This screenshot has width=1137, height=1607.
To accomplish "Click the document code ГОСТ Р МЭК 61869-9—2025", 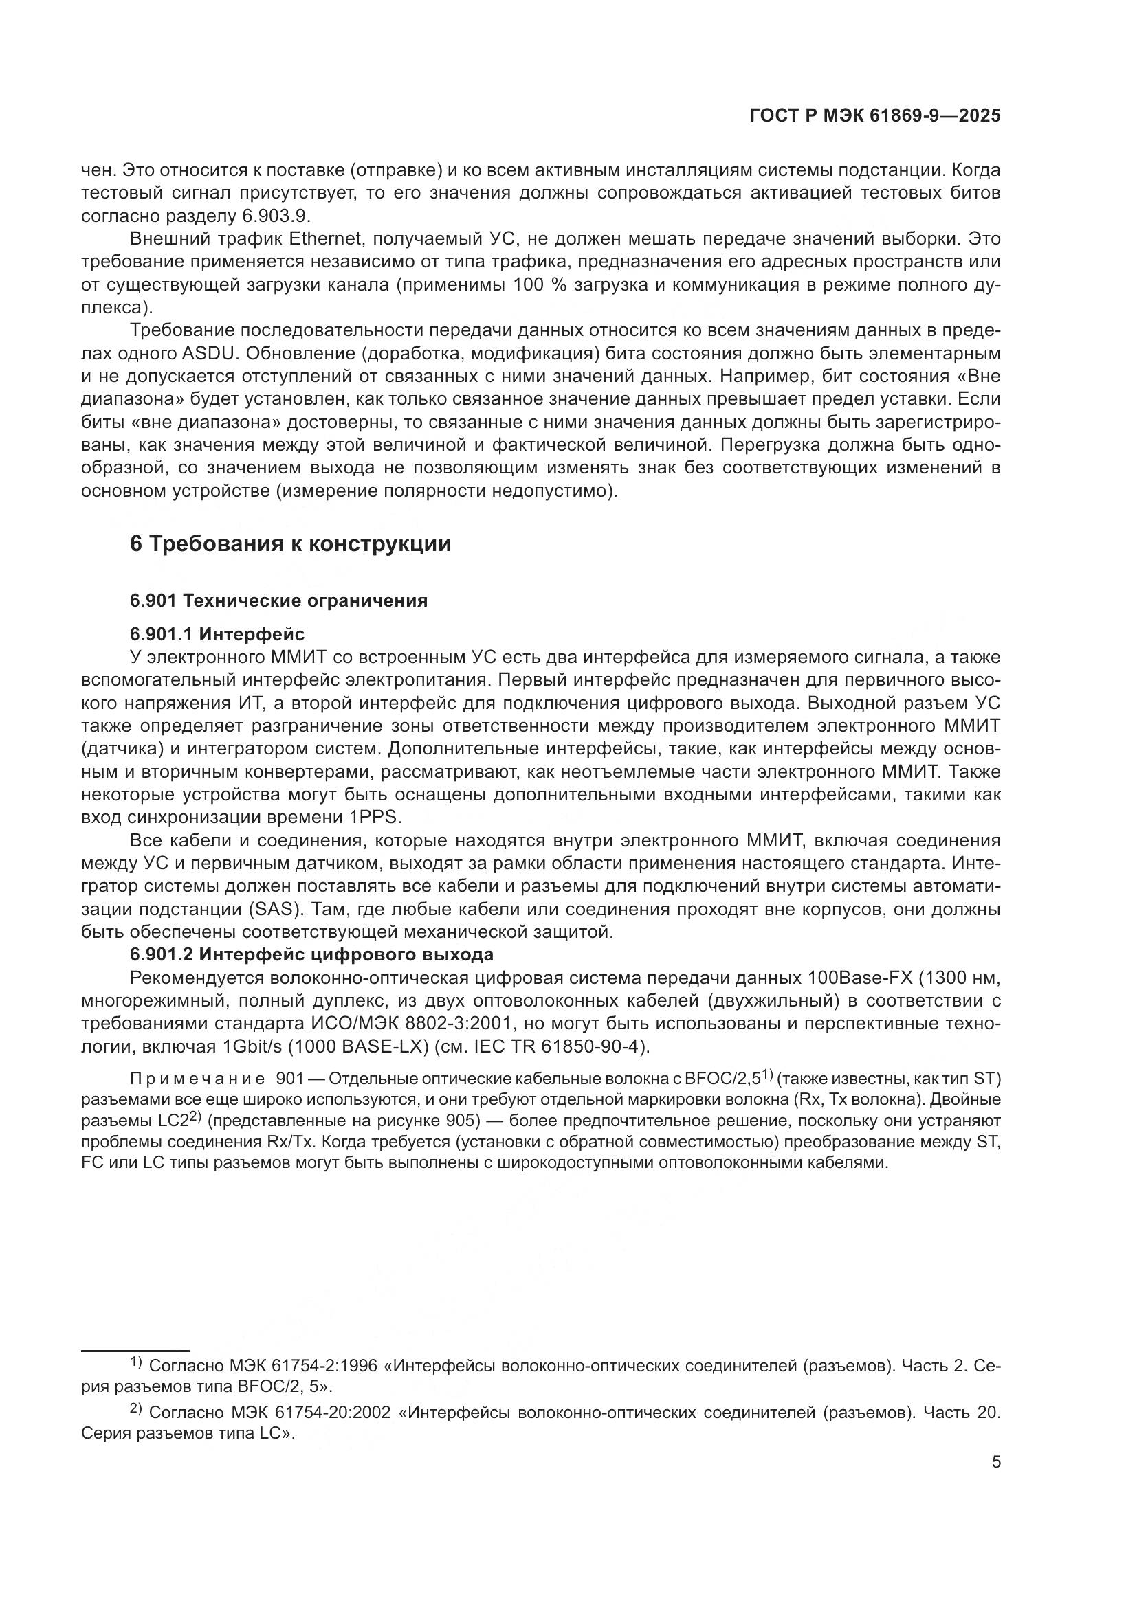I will (x=874, y=116).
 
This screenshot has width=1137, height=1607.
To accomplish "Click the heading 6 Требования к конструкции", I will (x=291, y=544).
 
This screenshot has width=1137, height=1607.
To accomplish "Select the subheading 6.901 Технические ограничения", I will (x=278, y=600).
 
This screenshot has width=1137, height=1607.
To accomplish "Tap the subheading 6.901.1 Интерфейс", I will (x=217, y=634).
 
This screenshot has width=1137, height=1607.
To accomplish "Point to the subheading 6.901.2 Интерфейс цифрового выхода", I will (x=311, y=954).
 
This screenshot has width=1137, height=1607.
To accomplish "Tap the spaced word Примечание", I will (x=197, y=1079).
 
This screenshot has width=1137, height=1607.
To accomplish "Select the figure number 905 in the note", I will (x=462, y=1121).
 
